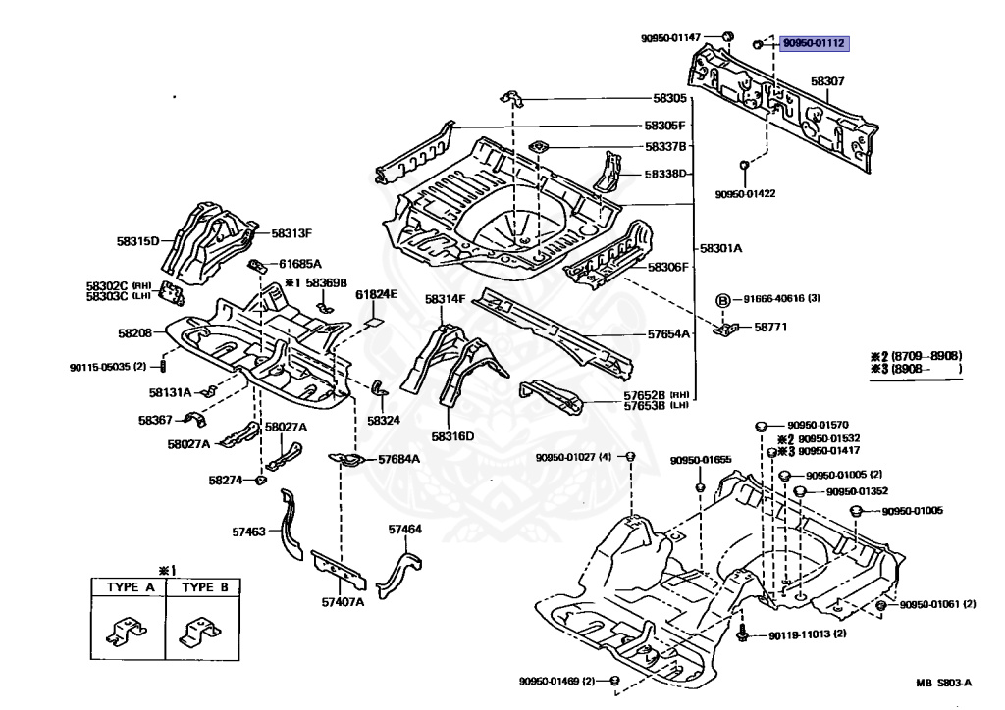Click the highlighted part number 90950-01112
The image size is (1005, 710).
pyautogui.click(x=814, y=43)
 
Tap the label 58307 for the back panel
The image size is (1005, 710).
pyautogui.click(x=827, y=81)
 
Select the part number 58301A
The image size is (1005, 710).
pyautogui.click(x=720, y=248)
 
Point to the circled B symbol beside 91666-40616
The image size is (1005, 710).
pyautogui.click(x=722, y=300)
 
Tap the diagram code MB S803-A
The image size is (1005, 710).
pyautogui.click(x=943, y=683)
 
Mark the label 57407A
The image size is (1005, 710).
pyautogui.click(x=343, y=602)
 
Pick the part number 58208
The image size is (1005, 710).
pyautogui.click(x=135, y=332)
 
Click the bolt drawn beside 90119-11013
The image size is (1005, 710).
pyautogui.click(x=742, y=634)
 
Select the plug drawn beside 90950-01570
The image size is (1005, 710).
pyautogui.click(x=761, y=425)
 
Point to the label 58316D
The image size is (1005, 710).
pyautogui.click(x=452, y=436)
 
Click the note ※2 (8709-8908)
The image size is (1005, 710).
pyautogui.click(x=916, y=356)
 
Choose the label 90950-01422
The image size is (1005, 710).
pyautogui.click(x=746, y=194)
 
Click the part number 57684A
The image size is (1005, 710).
pyautogui.click(x=398, y=459)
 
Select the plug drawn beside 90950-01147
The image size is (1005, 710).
pyautogui.click(x=728, y=36)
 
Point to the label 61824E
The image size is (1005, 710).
pyautogui.click(x=376, y=294)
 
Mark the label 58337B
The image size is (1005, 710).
pyautogui.click(x=665, y=147)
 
